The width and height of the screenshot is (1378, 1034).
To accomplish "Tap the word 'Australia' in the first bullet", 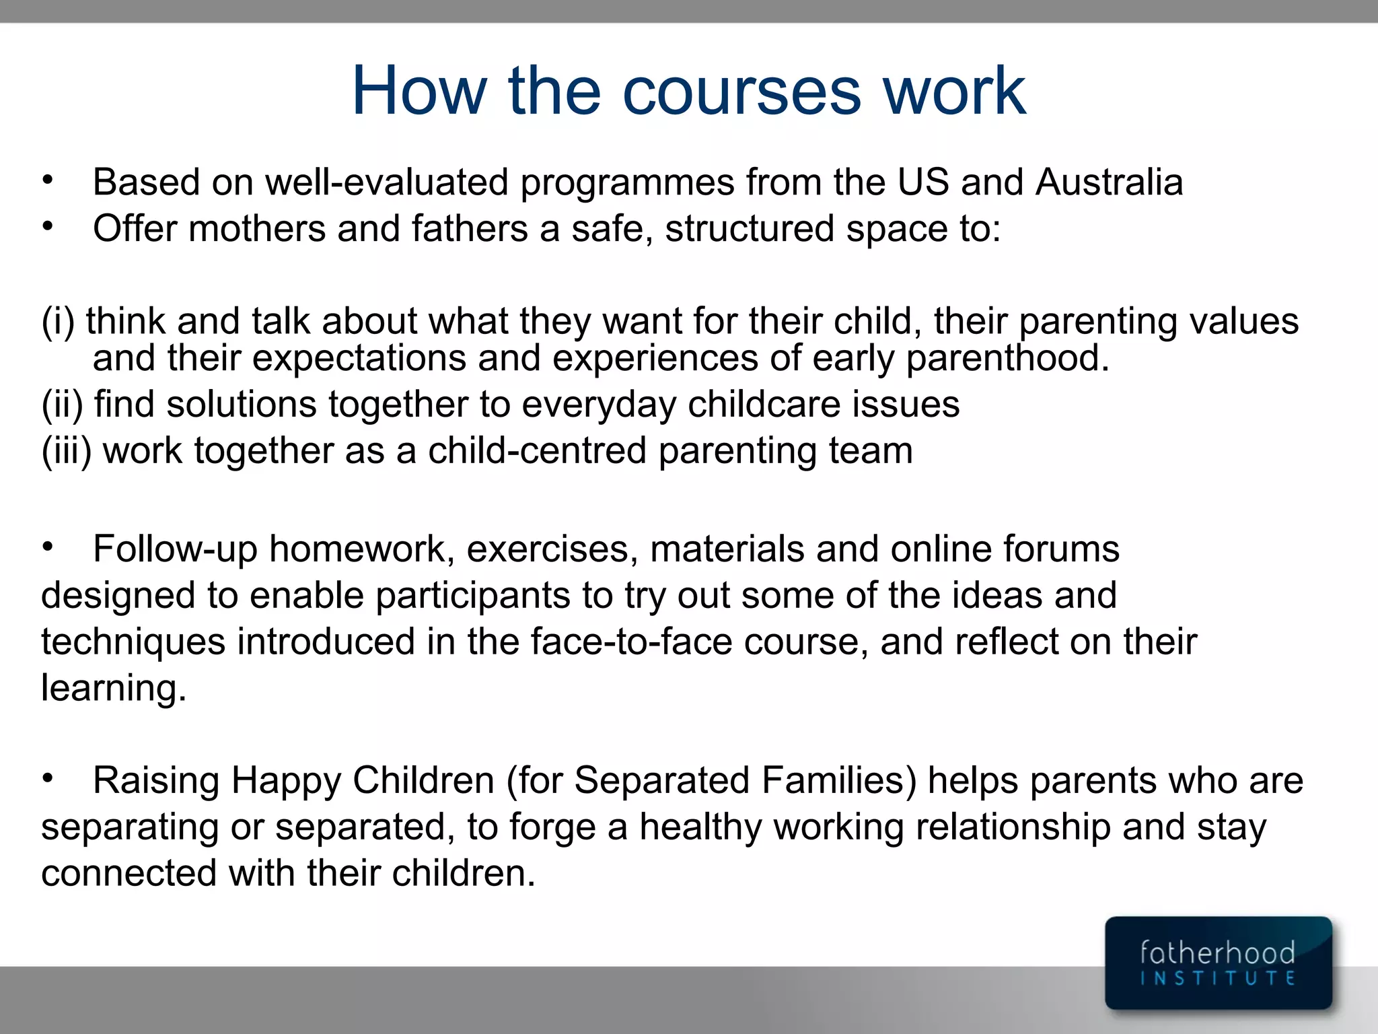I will [1110, 182].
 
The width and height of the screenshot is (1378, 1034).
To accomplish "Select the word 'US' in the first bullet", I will [923, 182].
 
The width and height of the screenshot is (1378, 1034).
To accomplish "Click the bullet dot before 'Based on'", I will [47, 180].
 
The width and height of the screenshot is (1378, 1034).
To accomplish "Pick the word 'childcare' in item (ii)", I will [764, 405].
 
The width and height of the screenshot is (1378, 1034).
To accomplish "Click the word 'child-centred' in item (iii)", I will [537, 451].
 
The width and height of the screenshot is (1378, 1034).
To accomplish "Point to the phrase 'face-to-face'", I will [631, 642].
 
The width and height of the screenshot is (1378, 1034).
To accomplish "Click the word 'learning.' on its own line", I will [114, 689].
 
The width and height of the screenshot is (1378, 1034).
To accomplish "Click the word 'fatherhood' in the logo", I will [1217, 953].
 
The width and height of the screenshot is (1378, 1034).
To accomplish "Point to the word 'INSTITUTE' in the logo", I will [1217, 978].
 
